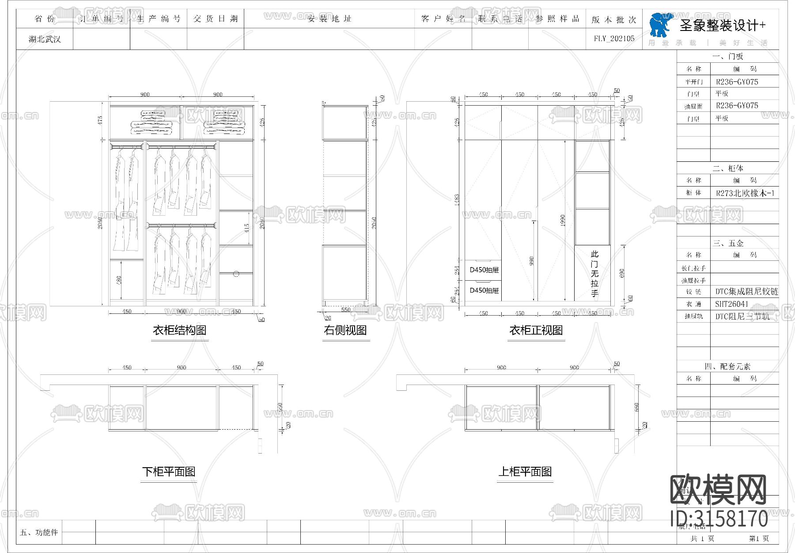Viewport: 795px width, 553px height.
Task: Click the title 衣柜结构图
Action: coord(179,330)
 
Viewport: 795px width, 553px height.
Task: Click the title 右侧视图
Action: coord(345,330)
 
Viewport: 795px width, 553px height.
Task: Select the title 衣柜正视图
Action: coord(536,330)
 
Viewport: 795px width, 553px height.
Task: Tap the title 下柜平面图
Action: coord(169,471)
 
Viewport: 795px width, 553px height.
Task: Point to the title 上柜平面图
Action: coord(525,471)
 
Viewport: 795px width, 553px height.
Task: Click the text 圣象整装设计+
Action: coord(723,26)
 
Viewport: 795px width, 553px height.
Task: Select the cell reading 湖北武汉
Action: coord(45,39)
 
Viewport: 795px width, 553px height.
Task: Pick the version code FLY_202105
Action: coord(614,39)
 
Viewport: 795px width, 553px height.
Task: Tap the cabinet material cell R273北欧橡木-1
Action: coord(745,193)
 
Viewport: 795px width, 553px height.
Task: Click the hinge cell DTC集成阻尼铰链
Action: coord(746,292)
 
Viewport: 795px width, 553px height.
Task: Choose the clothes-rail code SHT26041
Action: coord(732,304)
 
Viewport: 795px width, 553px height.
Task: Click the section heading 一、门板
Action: coord(727,57)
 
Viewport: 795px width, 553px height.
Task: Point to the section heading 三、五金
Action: coord(728,244)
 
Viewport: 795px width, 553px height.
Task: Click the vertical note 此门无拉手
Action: coord(595,274)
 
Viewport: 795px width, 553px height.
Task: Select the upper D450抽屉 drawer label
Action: coord(484,270)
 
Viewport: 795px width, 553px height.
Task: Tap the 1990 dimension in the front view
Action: coord(563,221)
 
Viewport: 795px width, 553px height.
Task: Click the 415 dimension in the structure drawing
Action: coord(247,228)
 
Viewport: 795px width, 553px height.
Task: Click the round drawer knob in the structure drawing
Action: coord(236,274)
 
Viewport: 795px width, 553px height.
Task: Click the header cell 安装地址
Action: coord(329,19)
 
